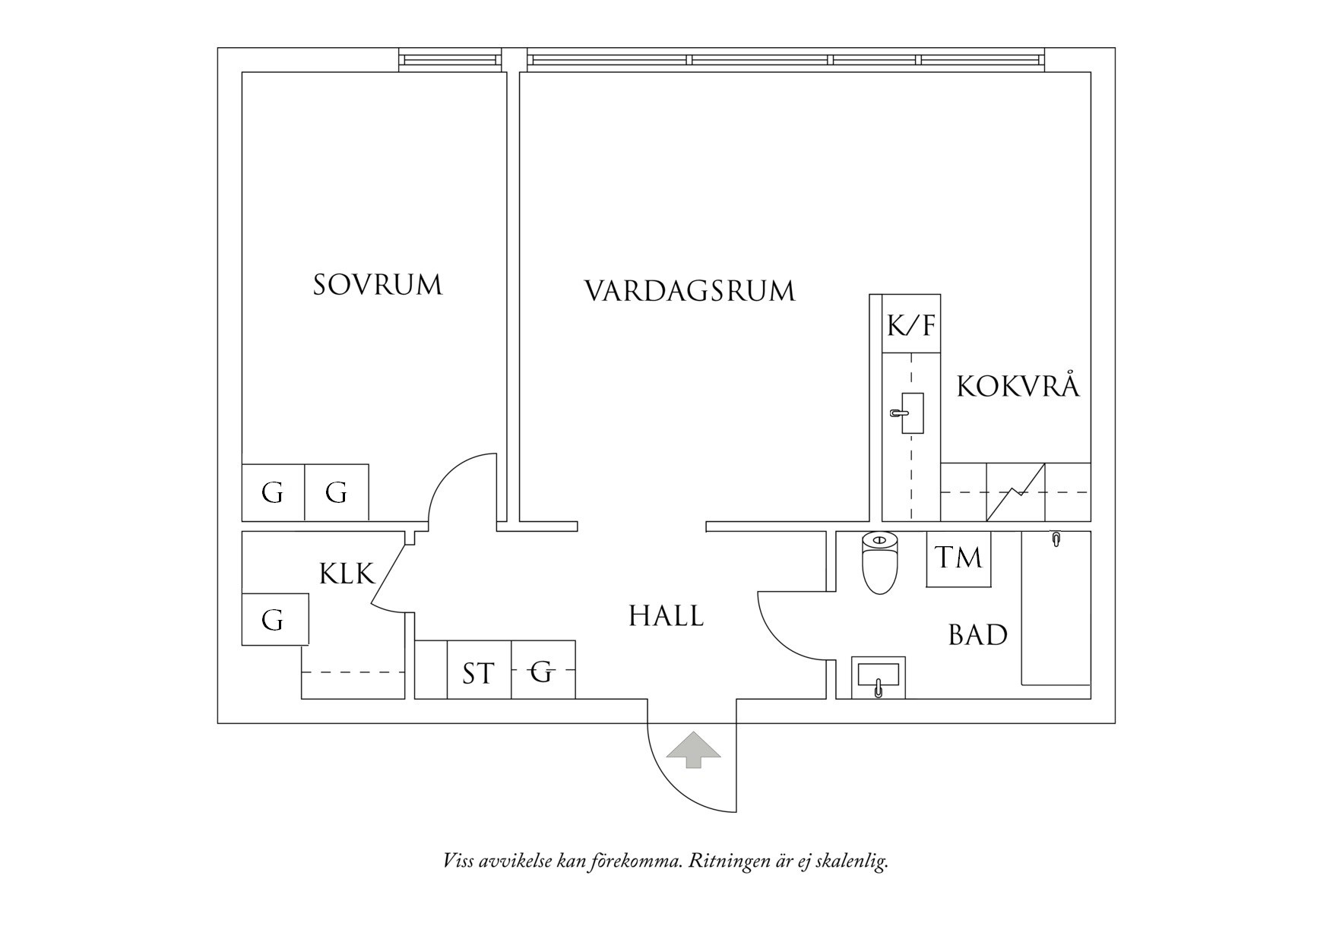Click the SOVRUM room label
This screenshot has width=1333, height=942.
pyautogui.click(x=378, y=286)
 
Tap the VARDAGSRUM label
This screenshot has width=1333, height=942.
pyautogui.click(x=689, y=292)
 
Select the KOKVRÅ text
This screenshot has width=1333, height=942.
pyautogui.click(x=1017, y=387)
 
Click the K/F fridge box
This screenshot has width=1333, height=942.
pyautogui.click(x=911, y=326)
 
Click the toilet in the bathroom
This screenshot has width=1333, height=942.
pyautogui.click(x=880, y=563)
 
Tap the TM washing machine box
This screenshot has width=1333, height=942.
pyautogui.click(x=958, y=558)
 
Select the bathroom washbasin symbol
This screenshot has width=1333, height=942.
pyautogui.click(x=878, y=677)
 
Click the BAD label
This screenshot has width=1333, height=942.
pyautogui.click(x=977, y=635)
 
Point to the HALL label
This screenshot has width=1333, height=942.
pyautogui.click(x=666, y=616)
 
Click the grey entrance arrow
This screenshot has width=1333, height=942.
pyautogui.click(x=693, y=750)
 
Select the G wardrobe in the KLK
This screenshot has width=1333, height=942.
pyautogui.click(x=274, y=620)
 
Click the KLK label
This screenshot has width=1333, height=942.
pyautogui.click(x=347, y=574)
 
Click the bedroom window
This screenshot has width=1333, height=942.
pyautogui.click(x=450, y=60)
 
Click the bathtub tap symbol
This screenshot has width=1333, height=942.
pyautogui.click(x=1056, y=539)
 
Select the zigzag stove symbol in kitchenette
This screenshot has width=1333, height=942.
pyautogui.click(x=1015, y=492)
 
